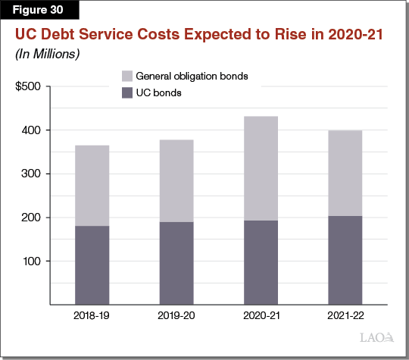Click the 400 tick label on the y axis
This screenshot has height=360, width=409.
pyautogui.click(x=33, y=130)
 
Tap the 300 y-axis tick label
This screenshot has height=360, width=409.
pyautogui.click(x=33, y=174)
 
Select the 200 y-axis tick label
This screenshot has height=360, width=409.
pyautogui.click(x=33, y=218)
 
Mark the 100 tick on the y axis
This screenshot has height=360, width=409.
pyautogui.click(x=33, y=261)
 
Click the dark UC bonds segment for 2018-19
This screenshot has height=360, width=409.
pyautogui.click(x=92, y=265)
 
